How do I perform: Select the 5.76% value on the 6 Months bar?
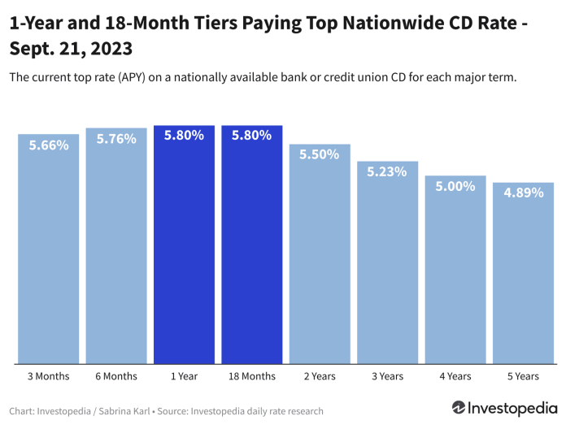pos(116,139)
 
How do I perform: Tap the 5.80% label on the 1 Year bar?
pos(184,136)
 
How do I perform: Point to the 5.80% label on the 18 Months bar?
pos(251,136)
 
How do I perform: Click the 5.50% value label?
pos(320,154)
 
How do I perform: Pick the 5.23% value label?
pos(387,171)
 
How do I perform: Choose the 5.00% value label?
pos(455,186)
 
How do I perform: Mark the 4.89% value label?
pos(523,193)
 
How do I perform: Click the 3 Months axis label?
pos(49,376)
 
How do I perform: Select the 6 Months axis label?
pos(116,376)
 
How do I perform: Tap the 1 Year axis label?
pos(184,376)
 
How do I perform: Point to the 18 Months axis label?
pos(251,376)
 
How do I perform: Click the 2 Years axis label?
pos(320,376)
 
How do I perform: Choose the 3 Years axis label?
pos(387,376)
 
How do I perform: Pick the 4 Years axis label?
pos(455,376)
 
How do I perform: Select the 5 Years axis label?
pos(523,376)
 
